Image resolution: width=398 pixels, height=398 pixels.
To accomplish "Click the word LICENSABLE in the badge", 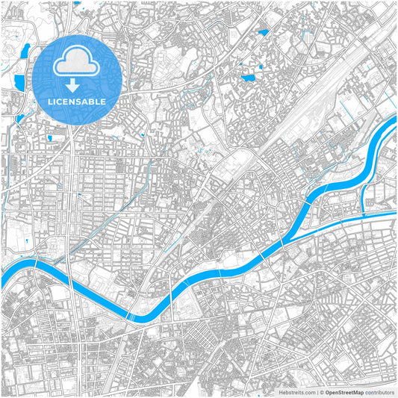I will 78,101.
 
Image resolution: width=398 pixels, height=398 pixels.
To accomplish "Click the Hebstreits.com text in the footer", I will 297,391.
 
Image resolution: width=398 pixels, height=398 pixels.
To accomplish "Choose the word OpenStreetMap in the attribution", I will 344,391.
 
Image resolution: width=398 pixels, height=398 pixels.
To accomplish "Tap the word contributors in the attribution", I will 379,391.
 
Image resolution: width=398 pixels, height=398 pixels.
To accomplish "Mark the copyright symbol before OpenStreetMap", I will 322,391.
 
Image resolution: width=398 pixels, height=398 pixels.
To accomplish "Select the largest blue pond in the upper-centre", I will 249,76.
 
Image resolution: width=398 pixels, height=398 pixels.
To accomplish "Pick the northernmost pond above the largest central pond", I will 262,33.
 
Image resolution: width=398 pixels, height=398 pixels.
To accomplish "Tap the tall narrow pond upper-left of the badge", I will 25,51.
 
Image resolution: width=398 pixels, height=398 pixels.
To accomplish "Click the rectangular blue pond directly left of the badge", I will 17,78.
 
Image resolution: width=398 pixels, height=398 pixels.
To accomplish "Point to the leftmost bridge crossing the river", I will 36,264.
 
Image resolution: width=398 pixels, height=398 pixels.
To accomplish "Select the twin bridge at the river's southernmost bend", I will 131,317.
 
